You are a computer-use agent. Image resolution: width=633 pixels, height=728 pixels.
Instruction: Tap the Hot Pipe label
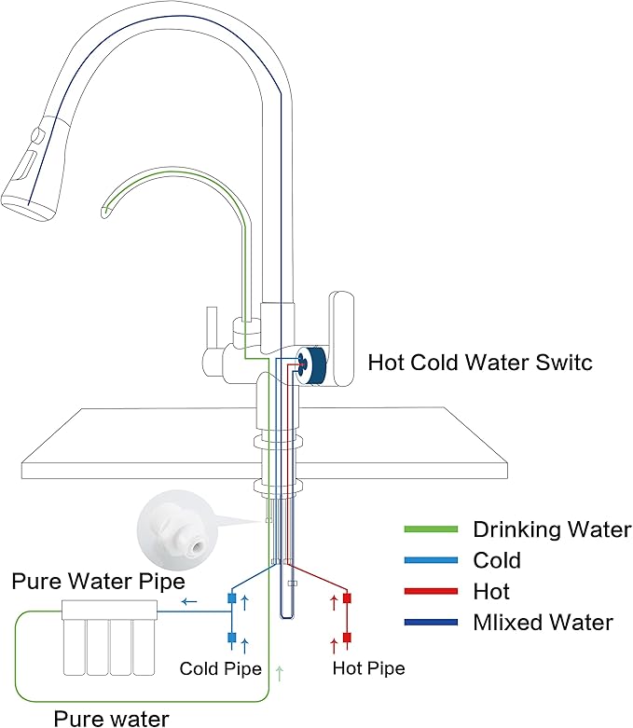368,668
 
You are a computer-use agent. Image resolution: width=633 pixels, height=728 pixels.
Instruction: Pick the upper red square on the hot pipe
346,598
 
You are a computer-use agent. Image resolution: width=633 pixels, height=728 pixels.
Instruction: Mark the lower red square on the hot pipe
346,638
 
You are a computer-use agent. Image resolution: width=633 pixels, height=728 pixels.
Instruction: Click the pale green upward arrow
280,670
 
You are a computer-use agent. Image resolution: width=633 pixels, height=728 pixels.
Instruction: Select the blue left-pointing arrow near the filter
188,602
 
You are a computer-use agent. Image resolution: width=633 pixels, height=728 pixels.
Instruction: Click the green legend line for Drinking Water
430,529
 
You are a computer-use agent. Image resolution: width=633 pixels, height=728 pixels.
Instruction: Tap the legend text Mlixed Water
543,622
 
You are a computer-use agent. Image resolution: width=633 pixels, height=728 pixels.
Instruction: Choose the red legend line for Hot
430,591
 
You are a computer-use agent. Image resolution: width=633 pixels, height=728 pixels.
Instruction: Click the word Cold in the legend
497,560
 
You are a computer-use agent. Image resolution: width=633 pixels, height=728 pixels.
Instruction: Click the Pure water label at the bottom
111,718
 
